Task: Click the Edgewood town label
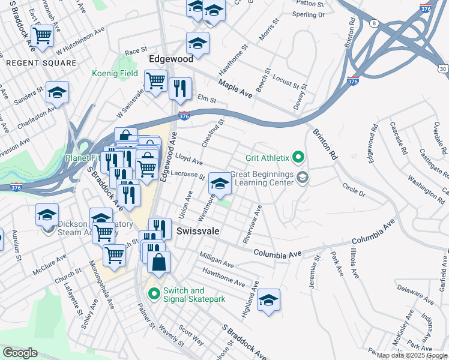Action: [x=171, y=59]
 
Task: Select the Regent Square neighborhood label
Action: [x=41, y=62]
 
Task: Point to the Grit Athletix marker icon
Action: [x=297, y=158]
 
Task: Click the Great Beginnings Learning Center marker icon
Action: [x=303, y=176]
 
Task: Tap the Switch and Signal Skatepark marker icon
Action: [x=154, y=294]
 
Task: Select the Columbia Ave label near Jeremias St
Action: [x=277, y=254]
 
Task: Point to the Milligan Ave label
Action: [x=217, y=259]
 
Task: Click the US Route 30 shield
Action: [x=443, y=69]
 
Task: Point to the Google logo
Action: [x=20, y=353]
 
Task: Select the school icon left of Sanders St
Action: [x=58, y=92]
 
